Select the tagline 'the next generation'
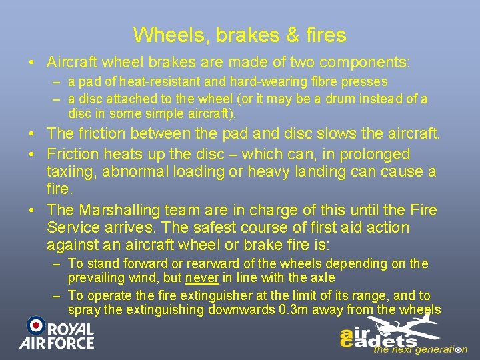419,349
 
